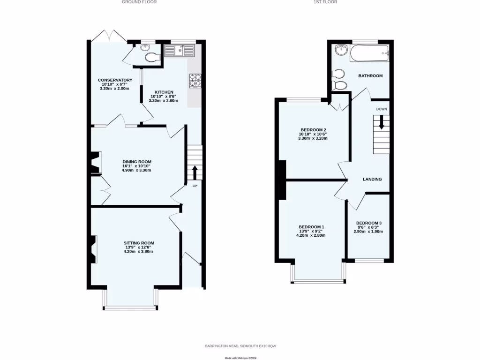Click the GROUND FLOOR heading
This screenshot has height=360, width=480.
[x=139, y=2]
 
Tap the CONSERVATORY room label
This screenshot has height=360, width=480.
[x=115, y=80]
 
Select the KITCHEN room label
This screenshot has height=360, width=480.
[x=164, y=92]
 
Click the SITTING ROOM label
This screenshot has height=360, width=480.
[x=139, y=243]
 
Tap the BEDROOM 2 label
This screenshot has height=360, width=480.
[x=313, y=130]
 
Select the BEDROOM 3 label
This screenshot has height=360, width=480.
[x=369, y=223]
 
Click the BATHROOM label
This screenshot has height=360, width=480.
[x=370, y=76]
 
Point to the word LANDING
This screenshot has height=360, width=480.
[x=372, y=179]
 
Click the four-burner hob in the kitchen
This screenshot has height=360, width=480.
[x=195, y=80]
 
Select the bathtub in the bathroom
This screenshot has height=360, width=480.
[x=369, y=53]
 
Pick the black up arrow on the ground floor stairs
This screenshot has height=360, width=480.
[x=195, y=172]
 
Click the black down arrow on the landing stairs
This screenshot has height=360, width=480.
[x=382, y=122]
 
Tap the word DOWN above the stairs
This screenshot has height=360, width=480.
[x=382, y=109]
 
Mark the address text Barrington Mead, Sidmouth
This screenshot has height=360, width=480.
[x=240, y=346]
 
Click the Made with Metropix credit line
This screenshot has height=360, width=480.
[x=240, y=358]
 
